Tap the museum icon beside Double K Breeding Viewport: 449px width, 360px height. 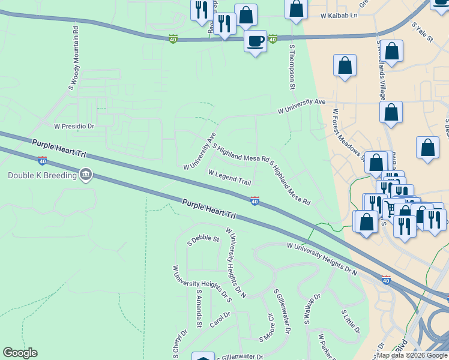click(x=85, y=175)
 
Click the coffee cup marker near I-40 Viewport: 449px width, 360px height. click(x=256, y=41)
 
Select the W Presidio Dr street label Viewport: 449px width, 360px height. click(x=74, y=127)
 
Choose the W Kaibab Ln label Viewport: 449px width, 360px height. click(x=339, y=14)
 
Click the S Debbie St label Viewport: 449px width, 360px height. click(x=203, y=239)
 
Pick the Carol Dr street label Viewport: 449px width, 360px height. click(x=220, y=319)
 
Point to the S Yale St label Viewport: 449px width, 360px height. click(x=422, y=33)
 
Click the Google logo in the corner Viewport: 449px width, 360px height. click(x=20, y=353)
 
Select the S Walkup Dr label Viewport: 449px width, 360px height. click(x=313, y=310)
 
